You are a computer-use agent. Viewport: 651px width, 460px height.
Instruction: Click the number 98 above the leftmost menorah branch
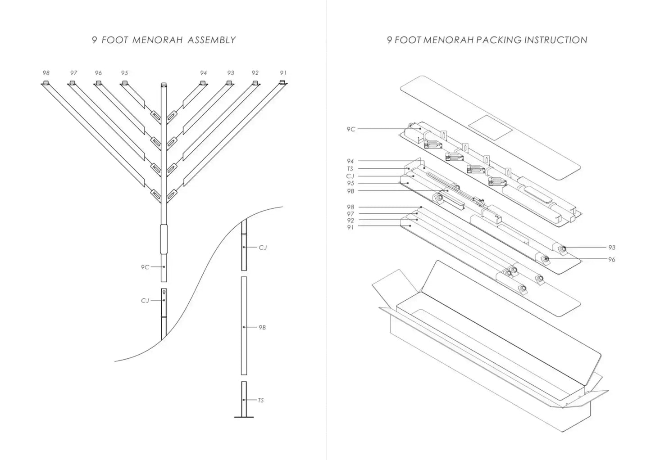point(46,73)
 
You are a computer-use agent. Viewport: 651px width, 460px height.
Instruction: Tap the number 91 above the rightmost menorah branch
point(283,73)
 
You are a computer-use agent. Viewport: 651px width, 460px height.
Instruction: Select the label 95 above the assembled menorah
point(125,73)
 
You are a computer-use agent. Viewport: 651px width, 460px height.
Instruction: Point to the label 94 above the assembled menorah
point(204,73)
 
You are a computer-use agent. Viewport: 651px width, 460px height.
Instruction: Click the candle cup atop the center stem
point(164,84)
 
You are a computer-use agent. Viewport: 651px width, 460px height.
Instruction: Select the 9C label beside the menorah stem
point(145,267)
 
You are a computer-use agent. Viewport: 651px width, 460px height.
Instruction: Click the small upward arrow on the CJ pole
point(164,292)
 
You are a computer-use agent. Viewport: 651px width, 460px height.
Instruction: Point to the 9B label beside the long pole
point(262,327)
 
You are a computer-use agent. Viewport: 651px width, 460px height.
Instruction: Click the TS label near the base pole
point(260,400)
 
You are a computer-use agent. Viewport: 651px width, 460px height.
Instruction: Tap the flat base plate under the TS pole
point(244,417)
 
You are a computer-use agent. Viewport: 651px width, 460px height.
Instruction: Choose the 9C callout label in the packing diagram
point(351,129)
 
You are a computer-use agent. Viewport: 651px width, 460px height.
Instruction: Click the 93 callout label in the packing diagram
point(612,248)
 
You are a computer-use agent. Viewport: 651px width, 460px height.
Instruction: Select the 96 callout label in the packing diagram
point(612,259)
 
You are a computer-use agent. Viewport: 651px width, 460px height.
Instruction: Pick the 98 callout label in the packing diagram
point(350,207)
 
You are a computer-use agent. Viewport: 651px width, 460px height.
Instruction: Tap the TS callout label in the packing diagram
point(350,169)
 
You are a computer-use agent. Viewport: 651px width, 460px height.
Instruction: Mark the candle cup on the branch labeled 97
point(72,83)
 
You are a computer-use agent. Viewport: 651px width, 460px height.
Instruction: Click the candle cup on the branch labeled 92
point(255,83)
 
